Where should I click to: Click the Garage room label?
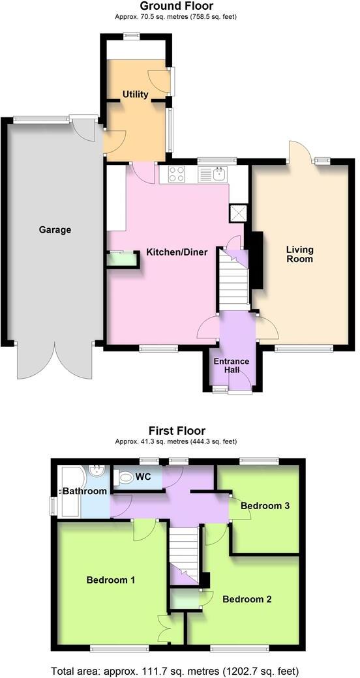point(55,229)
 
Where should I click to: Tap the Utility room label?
point(136,95)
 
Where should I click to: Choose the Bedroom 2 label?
point(247,599)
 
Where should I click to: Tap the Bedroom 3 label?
point(265,505)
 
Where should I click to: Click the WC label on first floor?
point(143,477)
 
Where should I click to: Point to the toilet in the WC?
point(124,477)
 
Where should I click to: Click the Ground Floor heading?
point(176,7)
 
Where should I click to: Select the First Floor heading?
point(177,430)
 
